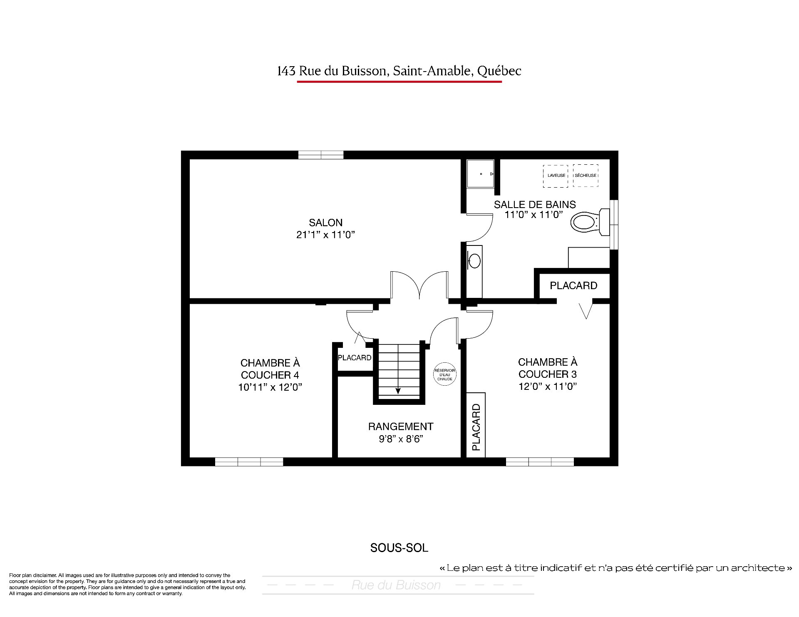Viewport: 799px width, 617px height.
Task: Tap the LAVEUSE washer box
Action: (556, 176)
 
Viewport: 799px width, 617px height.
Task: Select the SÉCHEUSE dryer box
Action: (586, 176)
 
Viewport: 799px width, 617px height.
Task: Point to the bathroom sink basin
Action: (474, 261)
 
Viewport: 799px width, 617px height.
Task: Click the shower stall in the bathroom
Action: (480, 173)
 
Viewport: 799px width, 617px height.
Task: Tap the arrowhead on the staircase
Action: (398, 391)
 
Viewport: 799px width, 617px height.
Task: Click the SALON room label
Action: (325, 223)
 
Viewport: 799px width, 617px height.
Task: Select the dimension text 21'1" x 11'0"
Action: (325, 235)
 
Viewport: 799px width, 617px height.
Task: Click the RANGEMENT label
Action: (401, 426)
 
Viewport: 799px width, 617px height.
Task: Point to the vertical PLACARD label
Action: (476, 427)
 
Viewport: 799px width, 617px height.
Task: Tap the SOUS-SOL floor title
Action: (399, 548)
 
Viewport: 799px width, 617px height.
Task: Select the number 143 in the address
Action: (286, 71)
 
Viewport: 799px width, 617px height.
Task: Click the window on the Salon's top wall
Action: (321, 155)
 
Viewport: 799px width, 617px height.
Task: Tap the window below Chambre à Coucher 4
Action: (249, 461)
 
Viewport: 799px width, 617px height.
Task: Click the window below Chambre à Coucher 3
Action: (540, 461)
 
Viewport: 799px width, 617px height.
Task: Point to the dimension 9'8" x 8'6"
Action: (401, 439)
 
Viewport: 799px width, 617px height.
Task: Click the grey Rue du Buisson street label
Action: (396, 585)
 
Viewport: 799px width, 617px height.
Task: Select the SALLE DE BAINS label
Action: (535, 204)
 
